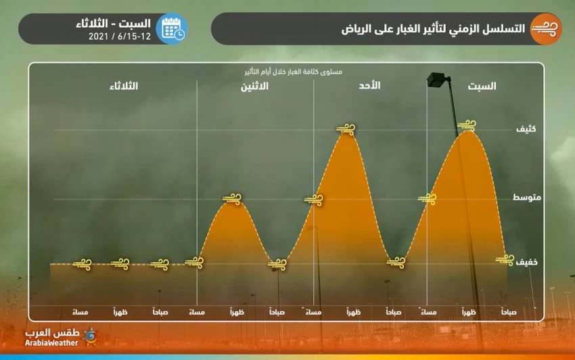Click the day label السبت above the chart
tap(482, 86)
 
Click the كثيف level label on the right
tap(526, 128)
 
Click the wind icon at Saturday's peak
tap(467, 125)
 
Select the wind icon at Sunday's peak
tap(346, 128)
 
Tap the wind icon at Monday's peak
tap(232, 198)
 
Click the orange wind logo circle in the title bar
tap(545, 28)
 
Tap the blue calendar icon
tap(170, 28)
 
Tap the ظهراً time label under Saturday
tap(469, 313)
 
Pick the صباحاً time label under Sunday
tap(392, 313)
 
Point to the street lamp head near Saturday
tap(439, 79)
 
